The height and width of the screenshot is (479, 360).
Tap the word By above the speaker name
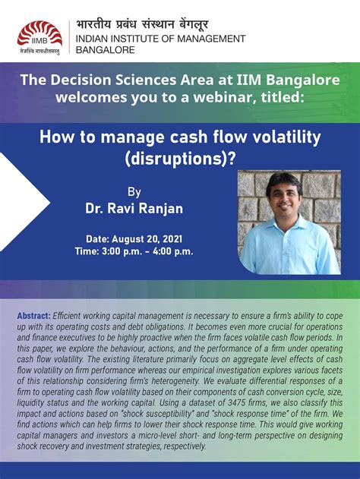(134, 191)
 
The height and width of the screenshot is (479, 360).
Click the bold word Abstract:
(34, 315)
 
